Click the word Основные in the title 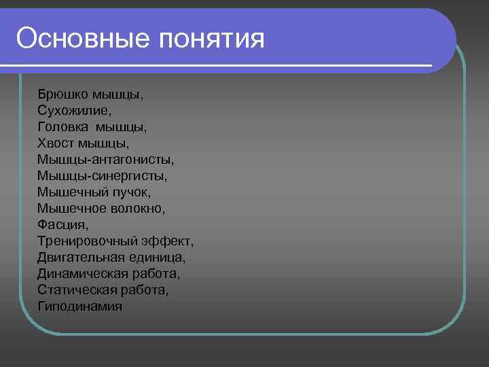pyautogui.click(x=82, y=38)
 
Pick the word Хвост pyautogui.click(x=56, y=143)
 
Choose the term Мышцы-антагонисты pyautogui.click(x=106, y=160)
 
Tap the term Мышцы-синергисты pyautogui.click(x=103, y=176)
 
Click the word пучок pyautogui.click(x=141, y=192)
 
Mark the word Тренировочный pyautogui.click(x=89, y=241)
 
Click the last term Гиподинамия pyautogui.click(x=80, y=307)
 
